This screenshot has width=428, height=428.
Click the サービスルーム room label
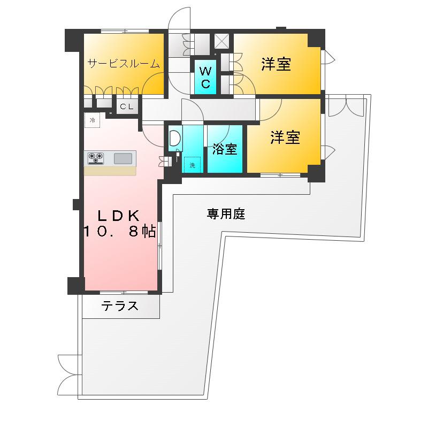click(124, 64)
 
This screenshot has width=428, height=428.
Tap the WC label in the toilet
click(205, 77)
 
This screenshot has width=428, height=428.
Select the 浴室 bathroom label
click(225, 149)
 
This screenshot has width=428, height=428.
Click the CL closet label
click(127, 107)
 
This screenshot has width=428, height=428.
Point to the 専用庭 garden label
click(226, 214)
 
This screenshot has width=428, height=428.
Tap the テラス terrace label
click(120, 306)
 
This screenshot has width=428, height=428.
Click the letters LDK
click(118, 215)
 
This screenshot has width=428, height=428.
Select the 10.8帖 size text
click(119, 231)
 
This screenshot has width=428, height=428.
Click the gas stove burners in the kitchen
click(96, 158)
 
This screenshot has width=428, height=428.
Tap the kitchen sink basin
click(124, 158)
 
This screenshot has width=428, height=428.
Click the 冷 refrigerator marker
click(92, 120)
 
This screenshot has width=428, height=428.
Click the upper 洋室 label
click(276, 65)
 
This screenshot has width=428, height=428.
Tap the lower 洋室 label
click(285, 137)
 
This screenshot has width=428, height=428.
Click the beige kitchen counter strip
click(110, 171)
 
